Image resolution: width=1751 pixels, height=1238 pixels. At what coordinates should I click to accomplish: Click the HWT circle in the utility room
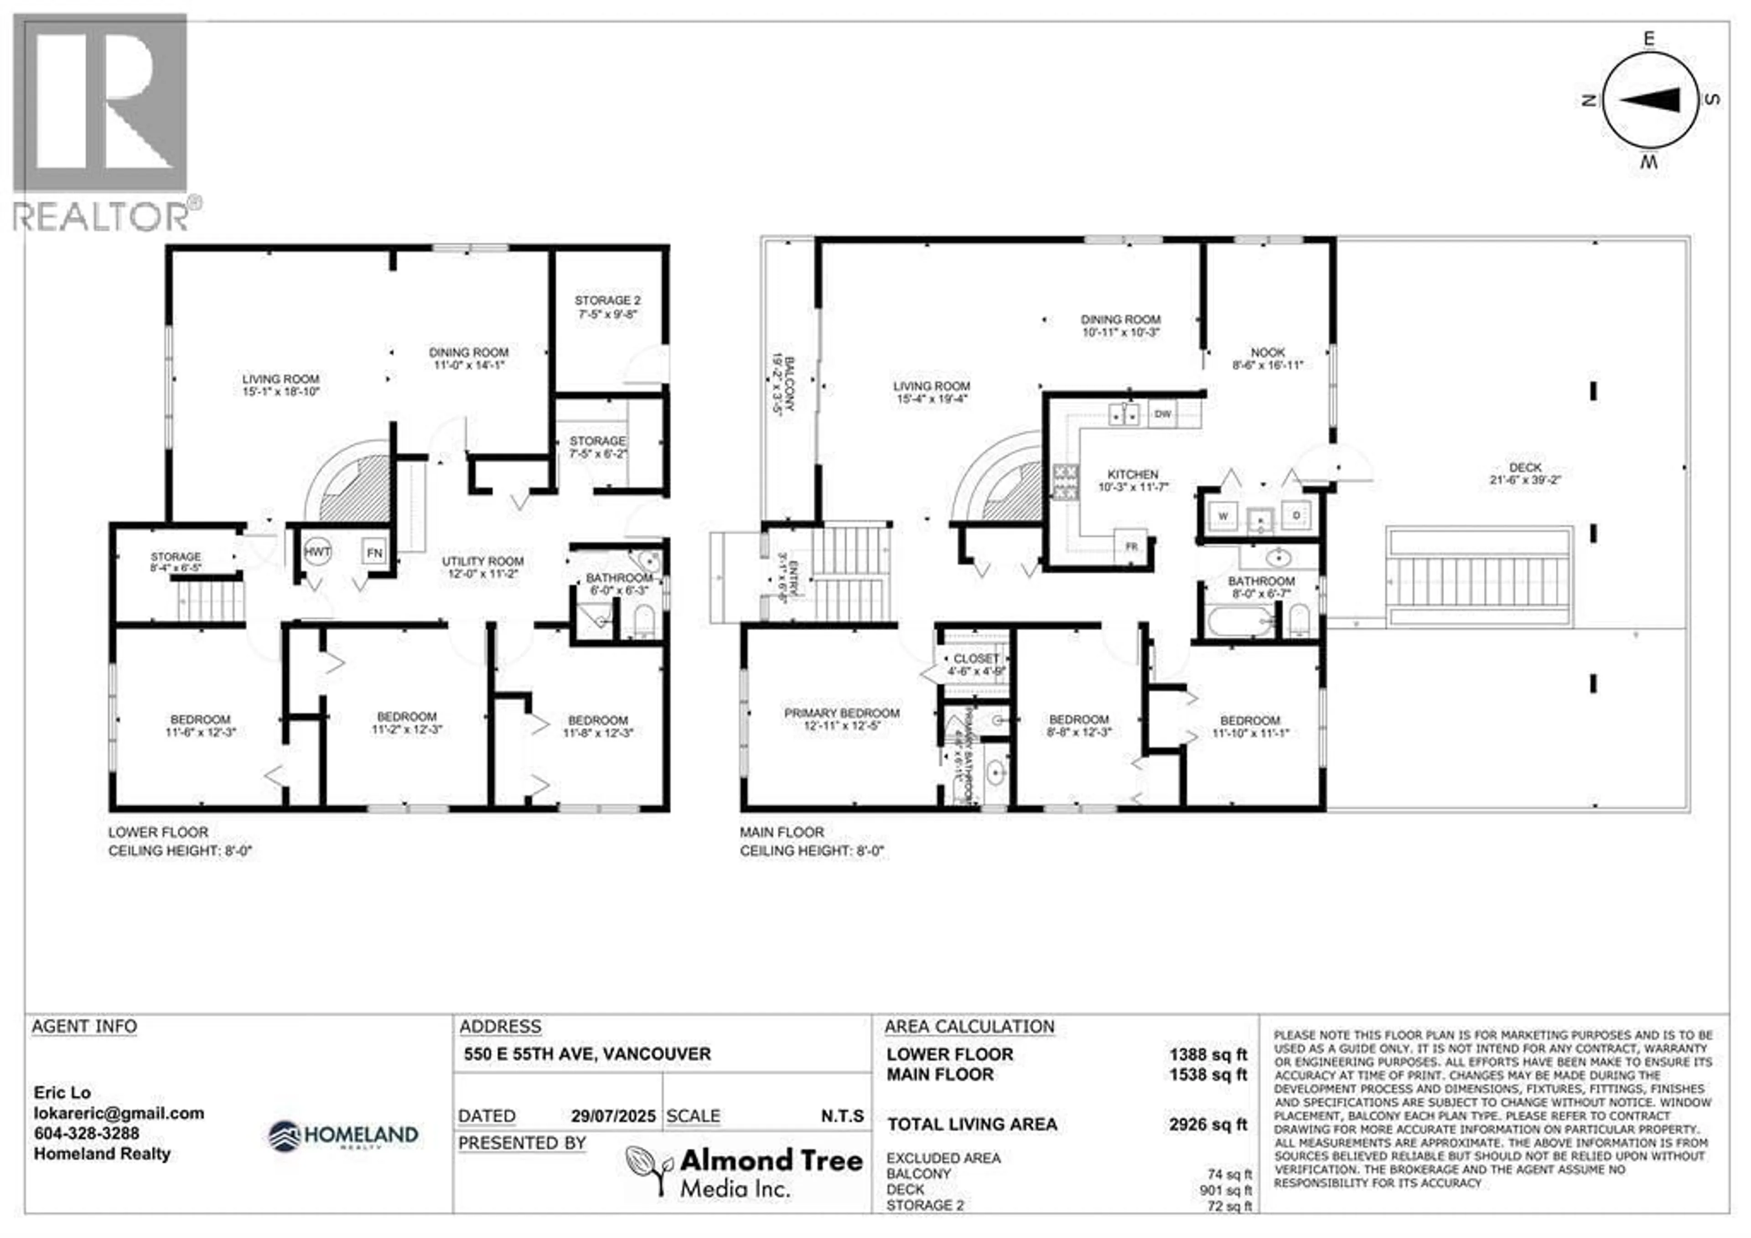pyautogui.click(x=317, y=551)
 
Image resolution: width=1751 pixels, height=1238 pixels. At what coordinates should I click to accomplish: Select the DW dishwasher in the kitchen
pyautogui.click(x=1162, y=414)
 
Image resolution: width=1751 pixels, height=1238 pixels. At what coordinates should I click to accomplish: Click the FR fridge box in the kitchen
pyautogui.click(x=1131, y=546)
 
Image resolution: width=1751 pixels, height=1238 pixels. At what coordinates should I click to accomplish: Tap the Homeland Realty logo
pyautogui.click(x=343, y=1136)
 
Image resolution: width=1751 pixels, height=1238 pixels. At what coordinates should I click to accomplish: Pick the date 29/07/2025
pyautogui.click(x=613, y=1116)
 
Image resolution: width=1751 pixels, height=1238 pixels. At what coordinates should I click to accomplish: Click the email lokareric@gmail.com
pyautogui.click(x=119, y=1113)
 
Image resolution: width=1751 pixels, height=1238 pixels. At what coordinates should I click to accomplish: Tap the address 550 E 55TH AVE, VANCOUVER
pyautogui.click(x=587, y=1054)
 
